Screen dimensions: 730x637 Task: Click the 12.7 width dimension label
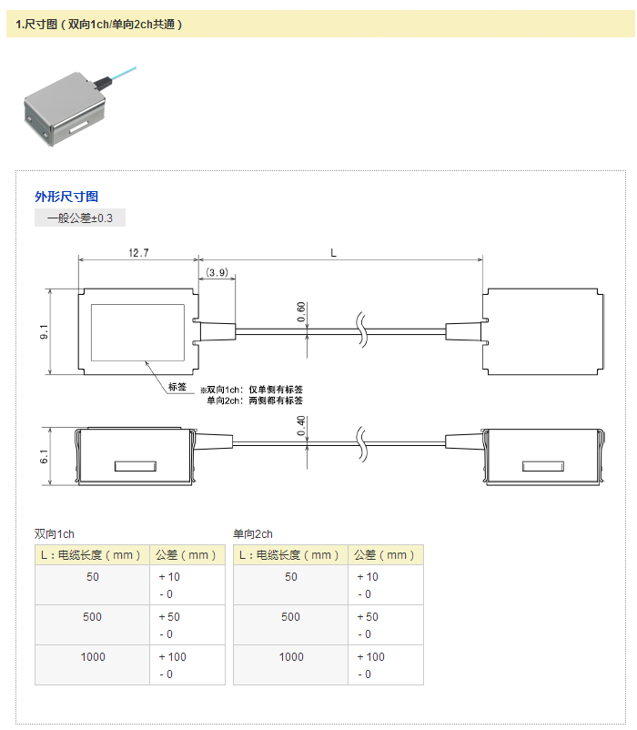138,252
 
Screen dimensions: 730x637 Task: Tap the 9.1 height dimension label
43,332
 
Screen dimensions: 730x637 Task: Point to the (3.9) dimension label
217,272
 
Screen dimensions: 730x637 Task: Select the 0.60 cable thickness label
301,312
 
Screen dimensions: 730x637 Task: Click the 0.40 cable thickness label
301,425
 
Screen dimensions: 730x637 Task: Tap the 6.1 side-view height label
43,456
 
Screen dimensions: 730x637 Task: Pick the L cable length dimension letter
334,252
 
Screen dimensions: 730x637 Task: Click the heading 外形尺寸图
66,196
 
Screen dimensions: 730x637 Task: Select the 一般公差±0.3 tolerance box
80,218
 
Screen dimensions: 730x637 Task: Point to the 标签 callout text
177,387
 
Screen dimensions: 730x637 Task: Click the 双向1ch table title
55,534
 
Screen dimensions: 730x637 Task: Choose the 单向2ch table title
253,534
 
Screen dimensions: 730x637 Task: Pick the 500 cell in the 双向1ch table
92,617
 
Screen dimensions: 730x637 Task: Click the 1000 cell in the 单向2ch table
290,657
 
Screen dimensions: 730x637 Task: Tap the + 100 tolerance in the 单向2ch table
370,657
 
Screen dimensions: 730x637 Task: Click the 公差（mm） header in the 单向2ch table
385,555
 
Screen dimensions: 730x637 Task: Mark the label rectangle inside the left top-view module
137,331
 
